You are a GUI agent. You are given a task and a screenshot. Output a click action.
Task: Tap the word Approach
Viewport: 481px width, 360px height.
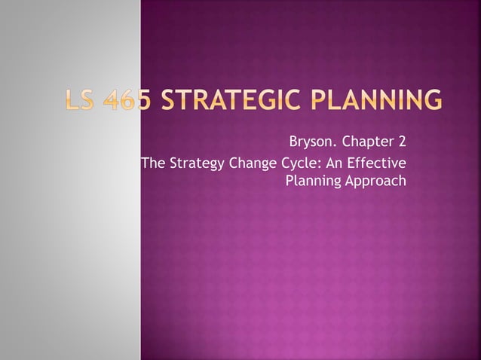tap(375, 182)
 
